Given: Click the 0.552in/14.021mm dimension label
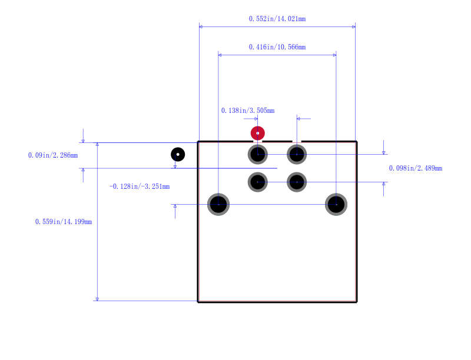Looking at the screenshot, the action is (x=277, y=19).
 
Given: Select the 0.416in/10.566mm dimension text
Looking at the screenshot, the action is (x=277, y=47).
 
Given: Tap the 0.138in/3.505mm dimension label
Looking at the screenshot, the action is (x=248, y=111).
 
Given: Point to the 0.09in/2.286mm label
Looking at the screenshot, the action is (x=53, y=155).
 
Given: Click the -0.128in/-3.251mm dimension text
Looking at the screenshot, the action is (x=140, y=186).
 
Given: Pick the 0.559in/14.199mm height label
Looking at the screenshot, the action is (x=64, y=222).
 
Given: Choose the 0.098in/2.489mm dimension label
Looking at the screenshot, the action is (x=416, y=168).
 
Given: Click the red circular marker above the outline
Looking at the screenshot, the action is (x=258, y=133).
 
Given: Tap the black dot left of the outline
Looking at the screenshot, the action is (x=178, y=155).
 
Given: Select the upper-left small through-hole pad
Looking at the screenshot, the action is (x=258, y=155).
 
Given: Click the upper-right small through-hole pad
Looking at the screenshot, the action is (x=297, y=155).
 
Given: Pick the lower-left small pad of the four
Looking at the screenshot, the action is (x=258, y=182).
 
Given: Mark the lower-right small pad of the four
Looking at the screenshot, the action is (x=297, y=182).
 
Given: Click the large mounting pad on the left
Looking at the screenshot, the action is (x=218, y=204).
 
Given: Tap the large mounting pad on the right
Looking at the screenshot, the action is (x=336, y=204).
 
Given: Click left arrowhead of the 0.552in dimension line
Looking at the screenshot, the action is (x=201, y=26).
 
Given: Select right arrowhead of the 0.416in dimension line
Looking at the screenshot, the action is (x=334, y=55).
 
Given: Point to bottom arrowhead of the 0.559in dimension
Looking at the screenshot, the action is (x=97, y=299).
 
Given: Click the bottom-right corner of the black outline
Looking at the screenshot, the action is (x=357, y=302).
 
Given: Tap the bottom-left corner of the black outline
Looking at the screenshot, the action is (x=198, y=302).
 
